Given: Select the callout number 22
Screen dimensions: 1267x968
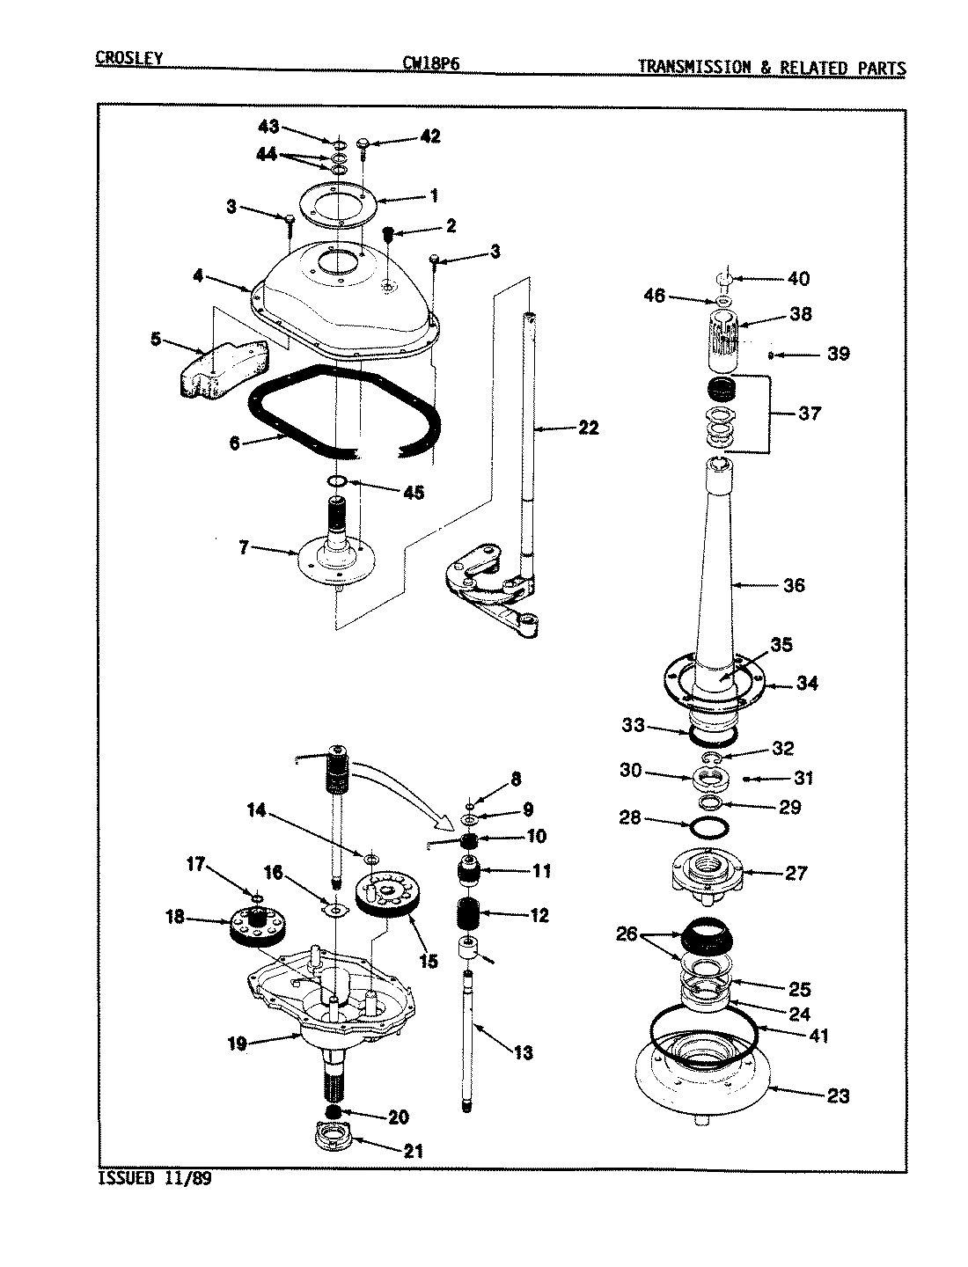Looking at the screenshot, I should (588, 428).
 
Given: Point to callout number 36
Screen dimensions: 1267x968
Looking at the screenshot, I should (793, 585).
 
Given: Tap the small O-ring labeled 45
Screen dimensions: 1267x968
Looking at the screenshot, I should (338, 481).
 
